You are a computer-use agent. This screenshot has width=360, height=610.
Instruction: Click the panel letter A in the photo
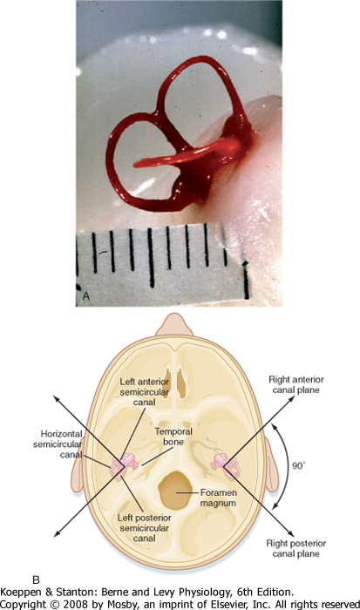86,296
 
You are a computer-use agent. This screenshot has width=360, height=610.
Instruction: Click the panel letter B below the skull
36,580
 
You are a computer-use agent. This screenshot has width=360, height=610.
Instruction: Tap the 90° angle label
298,465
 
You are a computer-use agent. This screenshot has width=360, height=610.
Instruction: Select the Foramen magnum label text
218,498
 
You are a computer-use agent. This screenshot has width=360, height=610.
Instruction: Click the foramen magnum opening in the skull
175,490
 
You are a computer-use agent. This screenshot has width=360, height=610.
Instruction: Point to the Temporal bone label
173,437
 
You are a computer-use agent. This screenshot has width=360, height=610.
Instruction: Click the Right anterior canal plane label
296,385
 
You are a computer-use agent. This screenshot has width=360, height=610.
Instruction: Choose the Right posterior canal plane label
296,548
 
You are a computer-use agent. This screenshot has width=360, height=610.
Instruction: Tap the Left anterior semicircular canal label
145,392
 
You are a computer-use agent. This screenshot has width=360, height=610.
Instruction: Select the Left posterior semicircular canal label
145,528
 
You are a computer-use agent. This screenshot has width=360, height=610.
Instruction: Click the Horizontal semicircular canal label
58,444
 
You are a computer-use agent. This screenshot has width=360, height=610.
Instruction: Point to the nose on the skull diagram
174,325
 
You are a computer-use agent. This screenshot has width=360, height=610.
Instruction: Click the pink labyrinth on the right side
226,465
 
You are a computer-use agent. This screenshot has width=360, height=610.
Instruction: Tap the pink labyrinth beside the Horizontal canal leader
124,464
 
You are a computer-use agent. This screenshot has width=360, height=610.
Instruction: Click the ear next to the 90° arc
272,464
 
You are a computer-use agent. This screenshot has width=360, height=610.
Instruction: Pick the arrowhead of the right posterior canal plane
291,533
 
